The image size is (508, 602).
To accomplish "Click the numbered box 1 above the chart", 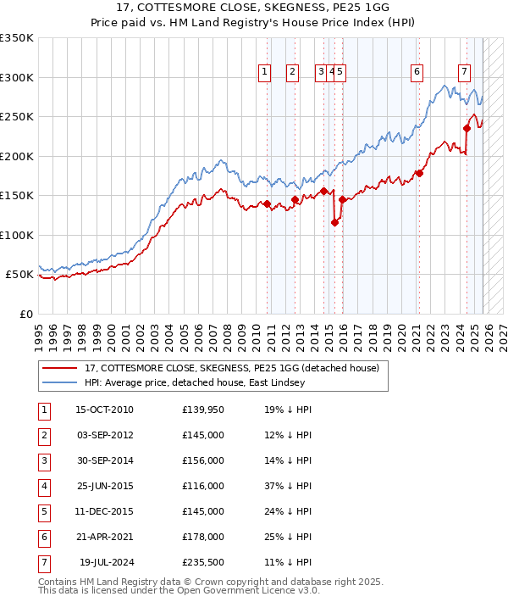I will pos(265,73).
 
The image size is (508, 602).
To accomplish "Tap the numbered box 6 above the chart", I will pos(417,73).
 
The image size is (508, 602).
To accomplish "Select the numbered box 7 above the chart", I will pos(465,73).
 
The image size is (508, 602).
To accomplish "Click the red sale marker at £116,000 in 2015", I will pos(334,223).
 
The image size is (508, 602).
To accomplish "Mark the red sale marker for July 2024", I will pos(467,129).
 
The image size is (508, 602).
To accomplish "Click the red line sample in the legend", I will pos(60,368).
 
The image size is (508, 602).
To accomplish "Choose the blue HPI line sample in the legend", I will pos(60,382).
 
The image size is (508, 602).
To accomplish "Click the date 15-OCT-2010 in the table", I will pos(104,410).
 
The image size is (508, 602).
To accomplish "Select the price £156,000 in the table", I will pos(202,460).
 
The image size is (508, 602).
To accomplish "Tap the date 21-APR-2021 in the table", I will pos(104,537).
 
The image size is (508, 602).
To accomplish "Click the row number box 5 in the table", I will pos(43,511).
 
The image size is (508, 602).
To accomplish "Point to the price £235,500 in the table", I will pos(202,562).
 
